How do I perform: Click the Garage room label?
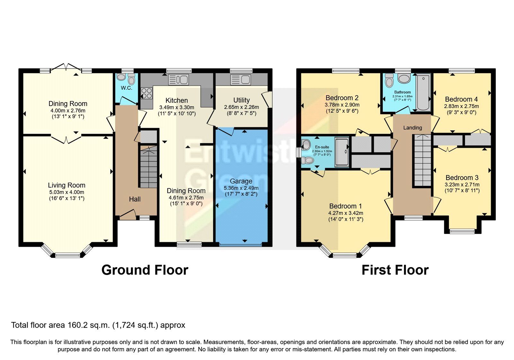click(241, 181)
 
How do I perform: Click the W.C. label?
click(126, 88)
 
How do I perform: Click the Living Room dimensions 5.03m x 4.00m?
click(66, 192)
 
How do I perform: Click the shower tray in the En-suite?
click(342, 152)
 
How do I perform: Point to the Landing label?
click(412, 128)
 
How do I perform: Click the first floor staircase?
click(422, 161)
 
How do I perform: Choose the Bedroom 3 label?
click(462, 178)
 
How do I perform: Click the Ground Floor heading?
click(145, 270)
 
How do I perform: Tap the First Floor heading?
click(395, 270)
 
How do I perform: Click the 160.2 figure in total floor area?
click(77, 325)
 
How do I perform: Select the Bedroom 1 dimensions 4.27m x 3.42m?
click(345, 213)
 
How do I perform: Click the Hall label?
click(135, 199)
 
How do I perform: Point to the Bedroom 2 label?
click(342, 98)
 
